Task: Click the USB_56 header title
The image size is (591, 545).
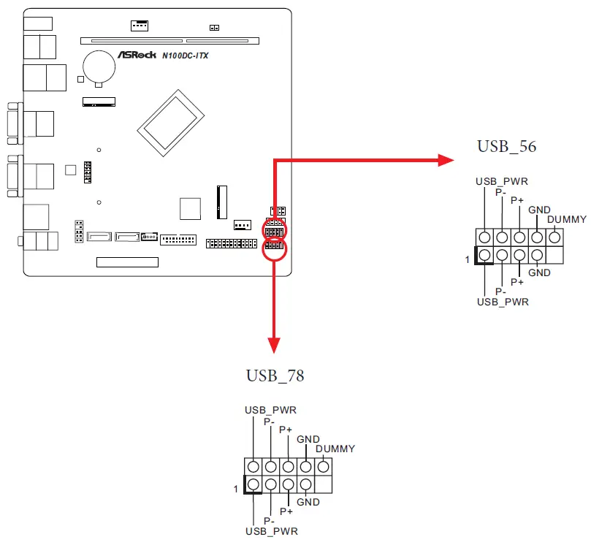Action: point(506,146)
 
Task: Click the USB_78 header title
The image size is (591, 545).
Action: point(275,376)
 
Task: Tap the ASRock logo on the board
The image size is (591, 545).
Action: point(137,56)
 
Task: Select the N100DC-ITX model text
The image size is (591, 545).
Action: point(185,56)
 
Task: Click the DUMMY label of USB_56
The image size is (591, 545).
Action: point(566,219)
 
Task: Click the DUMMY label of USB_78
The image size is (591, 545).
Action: point(335,449)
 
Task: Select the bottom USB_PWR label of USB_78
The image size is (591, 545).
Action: point(270,530)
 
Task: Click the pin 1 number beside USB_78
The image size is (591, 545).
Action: point(235,489)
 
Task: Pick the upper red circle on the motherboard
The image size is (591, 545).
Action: point(275,230)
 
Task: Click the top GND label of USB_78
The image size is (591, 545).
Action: point(308,439)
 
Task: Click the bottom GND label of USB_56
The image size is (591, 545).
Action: point(539,272)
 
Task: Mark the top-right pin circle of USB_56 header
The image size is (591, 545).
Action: point(555,237)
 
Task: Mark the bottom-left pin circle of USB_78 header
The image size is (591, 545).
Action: point(253,484)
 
